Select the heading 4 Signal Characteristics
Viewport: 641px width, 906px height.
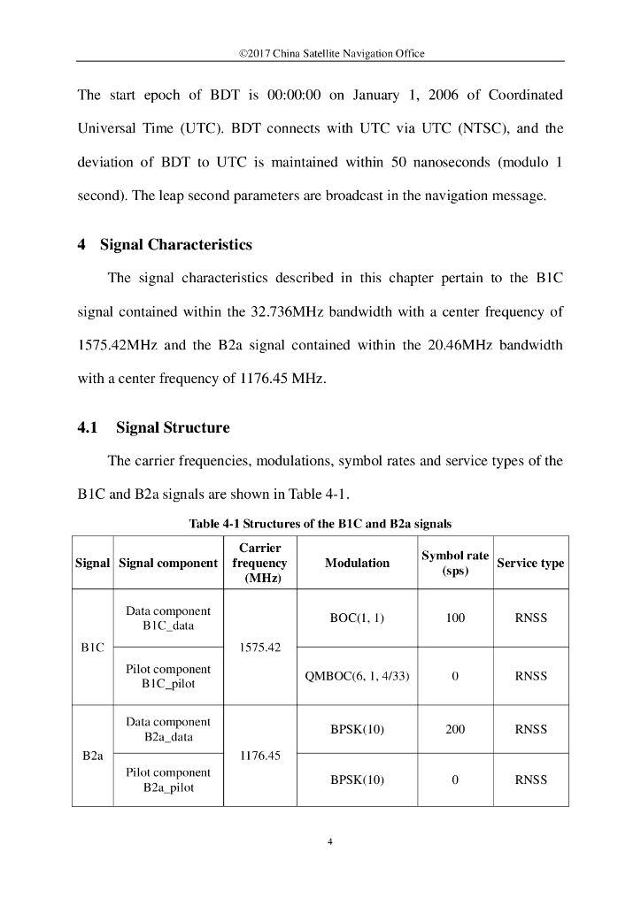(165, 245)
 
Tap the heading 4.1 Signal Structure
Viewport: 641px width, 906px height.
(153, 427)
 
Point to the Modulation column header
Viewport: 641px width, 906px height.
(357, 563)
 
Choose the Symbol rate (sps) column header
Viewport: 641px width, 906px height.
(455, 563)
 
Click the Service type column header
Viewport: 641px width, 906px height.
(530, 563)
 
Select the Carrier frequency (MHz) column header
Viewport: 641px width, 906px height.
(259, 563)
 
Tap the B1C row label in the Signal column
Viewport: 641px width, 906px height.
(93, 647)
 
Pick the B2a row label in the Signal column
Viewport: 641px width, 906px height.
(93, 756)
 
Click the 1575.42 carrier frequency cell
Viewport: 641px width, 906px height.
(259, 647)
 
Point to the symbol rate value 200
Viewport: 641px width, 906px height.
(455, 730)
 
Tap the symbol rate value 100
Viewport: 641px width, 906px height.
(455, 618)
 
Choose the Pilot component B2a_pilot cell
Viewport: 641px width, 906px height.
(168, 779)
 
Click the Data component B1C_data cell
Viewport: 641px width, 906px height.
(168, 618)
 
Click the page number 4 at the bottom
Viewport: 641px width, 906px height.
(329, 841)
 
